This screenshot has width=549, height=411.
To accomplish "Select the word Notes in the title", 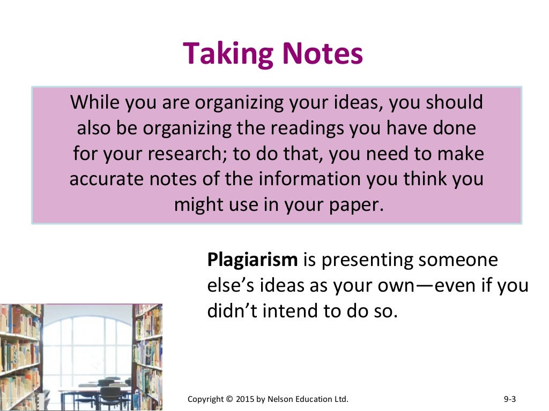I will coord(323,54).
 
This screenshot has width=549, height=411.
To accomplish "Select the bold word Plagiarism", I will coord(252,261).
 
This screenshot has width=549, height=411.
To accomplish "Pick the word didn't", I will coord(229,311).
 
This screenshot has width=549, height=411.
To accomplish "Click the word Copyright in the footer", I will coord(205,399).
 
